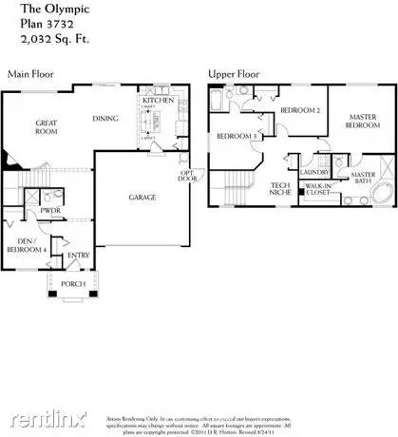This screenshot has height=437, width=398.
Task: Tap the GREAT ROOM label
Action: coord(47,127)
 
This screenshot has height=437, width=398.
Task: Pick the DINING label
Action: coord(105,119)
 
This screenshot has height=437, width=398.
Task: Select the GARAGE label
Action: coord(143,198)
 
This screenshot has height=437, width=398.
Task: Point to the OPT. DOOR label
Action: coord(187,177)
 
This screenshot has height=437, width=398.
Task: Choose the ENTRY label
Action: coord(78,255)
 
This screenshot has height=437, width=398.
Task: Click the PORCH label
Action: coord(74,284)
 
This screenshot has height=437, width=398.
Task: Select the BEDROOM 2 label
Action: coord(298,111)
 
